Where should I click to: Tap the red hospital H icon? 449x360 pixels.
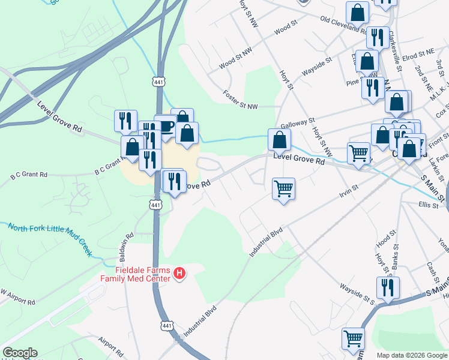[x=179, y=274]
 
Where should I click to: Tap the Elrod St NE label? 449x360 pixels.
[x=418, y=54]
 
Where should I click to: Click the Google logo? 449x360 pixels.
[x=19, y=353]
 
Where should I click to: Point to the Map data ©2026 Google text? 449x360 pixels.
[x=411, y=355]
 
